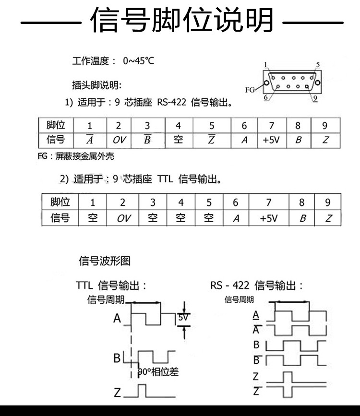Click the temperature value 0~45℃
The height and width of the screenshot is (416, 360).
click(139, 61)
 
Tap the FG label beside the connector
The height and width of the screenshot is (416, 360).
click(250, 89)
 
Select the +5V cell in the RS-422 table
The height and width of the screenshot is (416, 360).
click(271, 140)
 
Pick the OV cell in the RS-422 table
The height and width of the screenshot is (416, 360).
click(119, 140)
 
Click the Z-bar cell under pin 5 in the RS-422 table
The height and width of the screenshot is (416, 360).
click(211, 140)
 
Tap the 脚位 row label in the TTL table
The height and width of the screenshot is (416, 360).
click(60, 202)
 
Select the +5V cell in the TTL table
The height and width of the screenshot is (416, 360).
click(269, 218)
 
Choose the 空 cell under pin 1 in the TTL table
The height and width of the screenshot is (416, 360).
click(93, 218)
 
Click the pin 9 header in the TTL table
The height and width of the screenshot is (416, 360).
click(328, 202)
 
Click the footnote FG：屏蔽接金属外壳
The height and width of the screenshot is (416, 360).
click(76, 156)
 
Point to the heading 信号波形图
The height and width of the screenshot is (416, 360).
click(104, 261)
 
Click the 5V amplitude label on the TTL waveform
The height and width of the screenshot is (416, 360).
click(183, 318)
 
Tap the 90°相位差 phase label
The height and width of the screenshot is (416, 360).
click(158, 371)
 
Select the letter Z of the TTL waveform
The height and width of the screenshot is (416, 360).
click(118, 393)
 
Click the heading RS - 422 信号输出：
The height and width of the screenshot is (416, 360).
click(257, 286)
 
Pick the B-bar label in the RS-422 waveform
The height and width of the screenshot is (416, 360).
click(256, 359)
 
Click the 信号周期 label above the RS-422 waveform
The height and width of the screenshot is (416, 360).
click(239, 300)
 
